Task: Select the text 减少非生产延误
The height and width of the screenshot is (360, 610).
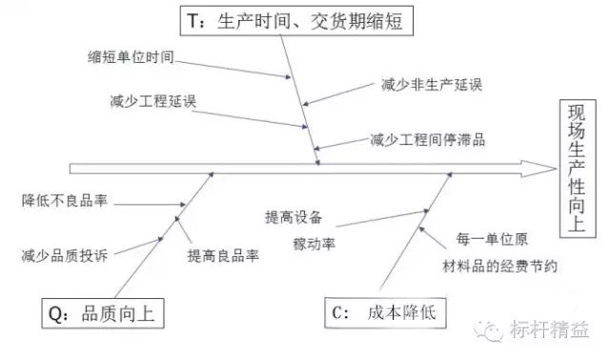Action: click(425, 84)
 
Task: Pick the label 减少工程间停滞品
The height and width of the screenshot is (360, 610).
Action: click(428, 140)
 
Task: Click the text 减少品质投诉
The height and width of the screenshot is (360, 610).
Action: click(64, 256)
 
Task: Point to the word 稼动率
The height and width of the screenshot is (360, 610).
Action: click(312, 242)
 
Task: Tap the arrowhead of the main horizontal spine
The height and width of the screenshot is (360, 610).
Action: click(548, 168)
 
